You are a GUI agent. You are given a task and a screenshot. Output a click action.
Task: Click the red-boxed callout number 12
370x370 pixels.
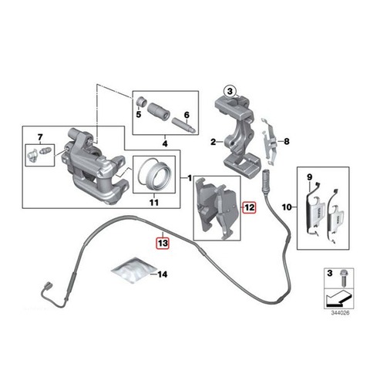point(249,207)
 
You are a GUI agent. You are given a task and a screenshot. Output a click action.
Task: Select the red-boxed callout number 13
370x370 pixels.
point(163,243)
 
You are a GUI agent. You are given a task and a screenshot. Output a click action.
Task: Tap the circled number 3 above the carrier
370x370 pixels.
point(230,91)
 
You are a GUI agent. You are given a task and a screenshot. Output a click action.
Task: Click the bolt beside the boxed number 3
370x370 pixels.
point(342,277)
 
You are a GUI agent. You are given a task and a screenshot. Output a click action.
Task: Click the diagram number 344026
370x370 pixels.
point(340,313)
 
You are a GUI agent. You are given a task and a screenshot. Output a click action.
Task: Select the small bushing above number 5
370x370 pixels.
point(140,101)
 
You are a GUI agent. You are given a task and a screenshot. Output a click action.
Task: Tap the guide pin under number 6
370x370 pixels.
point(184,126)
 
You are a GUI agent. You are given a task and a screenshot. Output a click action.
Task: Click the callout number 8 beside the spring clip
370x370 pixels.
point(286,141)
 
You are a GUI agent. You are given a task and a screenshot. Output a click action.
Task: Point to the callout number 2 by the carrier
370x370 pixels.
point(213,142)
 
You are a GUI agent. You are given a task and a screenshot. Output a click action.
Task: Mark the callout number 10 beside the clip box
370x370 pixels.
point(287,207)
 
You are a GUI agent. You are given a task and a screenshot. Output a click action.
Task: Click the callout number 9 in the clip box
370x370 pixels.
point(309,177)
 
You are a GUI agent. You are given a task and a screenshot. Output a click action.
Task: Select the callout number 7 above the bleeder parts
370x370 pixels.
point(40,137)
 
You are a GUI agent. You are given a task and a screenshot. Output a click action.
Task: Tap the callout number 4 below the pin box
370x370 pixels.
point(165,143)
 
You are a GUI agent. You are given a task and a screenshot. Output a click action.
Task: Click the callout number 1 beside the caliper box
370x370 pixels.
point(190,178)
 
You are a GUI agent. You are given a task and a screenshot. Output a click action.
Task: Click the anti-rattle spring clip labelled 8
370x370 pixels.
point(268,142)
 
